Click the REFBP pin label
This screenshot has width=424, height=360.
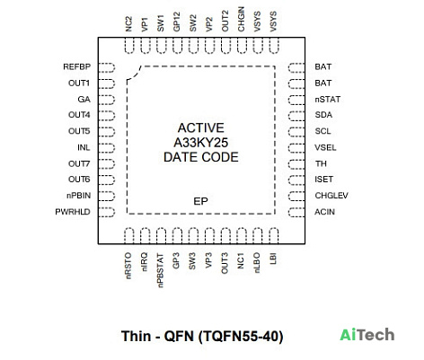coord(76,66)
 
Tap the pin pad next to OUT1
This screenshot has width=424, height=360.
coord(107,83)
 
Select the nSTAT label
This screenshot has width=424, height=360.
coord(327,100)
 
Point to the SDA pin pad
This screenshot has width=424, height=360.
coord(296,116)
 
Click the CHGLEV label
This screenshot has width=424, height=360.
coord(331,196)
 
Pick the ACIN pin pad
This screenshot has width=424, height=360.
coord(296,213)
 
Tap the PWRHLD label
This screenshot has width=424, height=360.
coord(73,212)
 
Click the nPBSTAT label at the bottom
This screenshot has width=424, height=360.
coord(161,270)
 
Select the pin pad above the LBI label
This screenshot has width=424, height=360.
coord(273,236)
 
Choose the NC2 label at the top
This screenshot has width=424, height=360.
coord(128,24)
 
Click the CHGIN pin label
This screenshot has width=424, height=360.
coord(241,19)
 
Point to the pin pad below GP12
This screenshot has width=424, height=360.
coord(177,46)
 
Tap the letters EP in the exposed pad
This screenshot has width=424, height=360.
coord(200,201)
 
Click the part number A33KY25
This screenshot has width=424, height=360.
coord(201,143)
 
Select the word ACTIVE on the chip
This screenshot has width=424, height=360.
coord(201,128)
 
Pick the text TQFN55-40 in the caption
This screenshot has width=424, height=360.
coord(241,337)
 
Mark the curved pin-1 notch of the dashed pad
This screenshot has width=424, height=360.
coord(134,73)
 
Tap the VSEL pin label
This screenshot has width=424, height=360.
coord(325,147)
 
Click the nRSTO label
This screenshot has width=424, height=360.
coord(128,266)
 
